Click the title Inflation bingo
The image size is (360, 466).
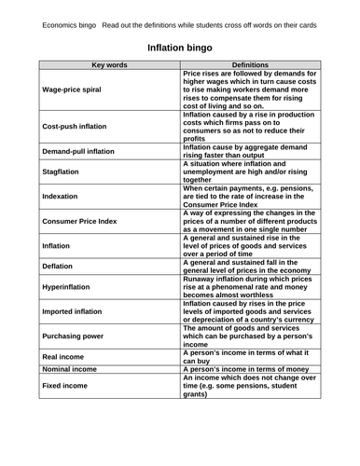[x=180, y=47]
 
